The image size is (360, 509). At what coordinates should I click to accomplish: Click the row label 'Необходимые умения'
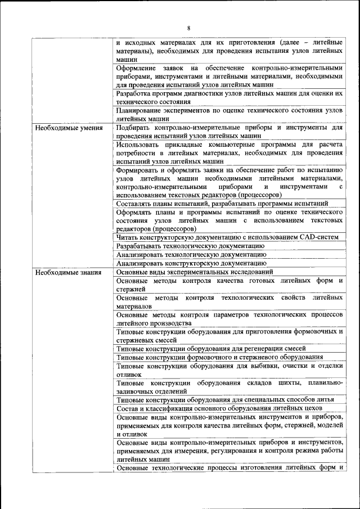(x=69, y=128)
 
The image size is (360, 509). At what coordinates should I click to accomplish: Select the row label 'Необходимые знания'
(x=68, y=272)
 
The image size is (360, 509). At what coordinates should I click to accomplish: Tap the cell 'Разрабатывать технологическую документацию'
(x=190, y=246)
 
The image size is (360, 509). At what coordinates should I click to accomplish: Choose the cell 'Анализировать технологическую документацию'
(x=191, y=254)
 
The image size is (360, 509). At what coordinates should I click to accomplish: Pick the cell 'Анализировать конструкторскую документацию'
(x=191, y=263)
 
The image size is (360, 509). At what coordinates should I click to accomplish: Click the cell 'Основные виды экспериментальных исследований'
(x=195, y=272)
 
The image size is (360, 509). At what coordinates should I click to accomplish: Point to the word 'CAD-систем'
(x=318, y=237)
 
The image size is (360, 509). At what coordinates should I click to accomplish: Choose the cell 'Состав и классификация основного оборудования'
(x=218, y=408)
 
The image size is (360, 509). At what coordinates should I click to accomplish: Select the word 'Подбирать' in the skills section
(x=134, y=128)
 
